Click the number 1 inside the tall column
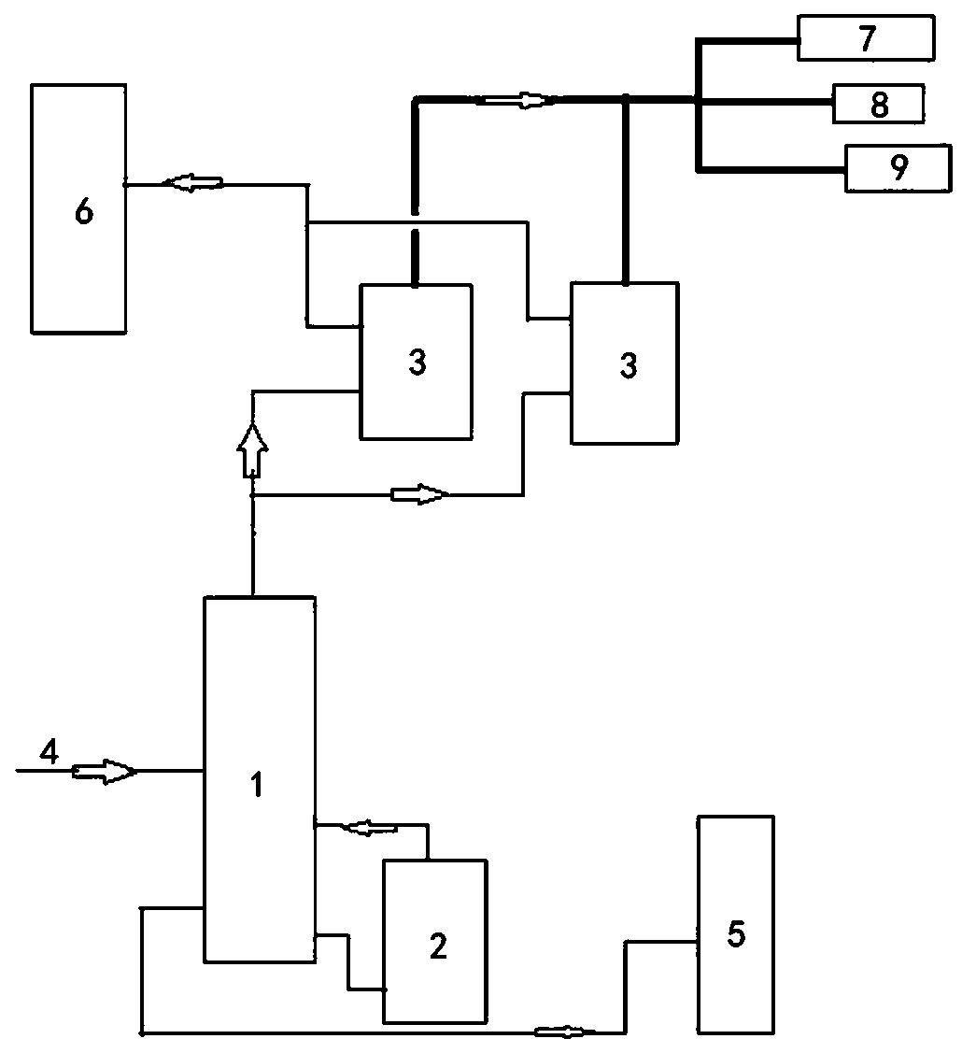256,785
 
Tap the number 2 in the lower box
438,946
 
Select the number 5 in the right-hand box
736,933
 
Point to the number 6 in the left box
84,211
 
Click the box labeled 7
866,38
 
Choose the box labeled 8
878,104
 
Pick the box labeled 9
898,168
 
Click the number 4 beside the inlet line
49,751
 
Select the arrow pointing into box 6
191,183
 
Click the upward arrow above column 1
252,450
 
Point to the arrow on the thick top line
517,100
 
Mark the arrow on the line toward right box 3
420,495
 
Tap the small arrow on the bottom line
564,1031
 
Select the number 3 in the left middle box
417,363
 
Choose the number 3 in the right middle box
628,366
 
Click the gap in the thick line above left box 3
414,222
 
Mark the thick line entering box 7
747,41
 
